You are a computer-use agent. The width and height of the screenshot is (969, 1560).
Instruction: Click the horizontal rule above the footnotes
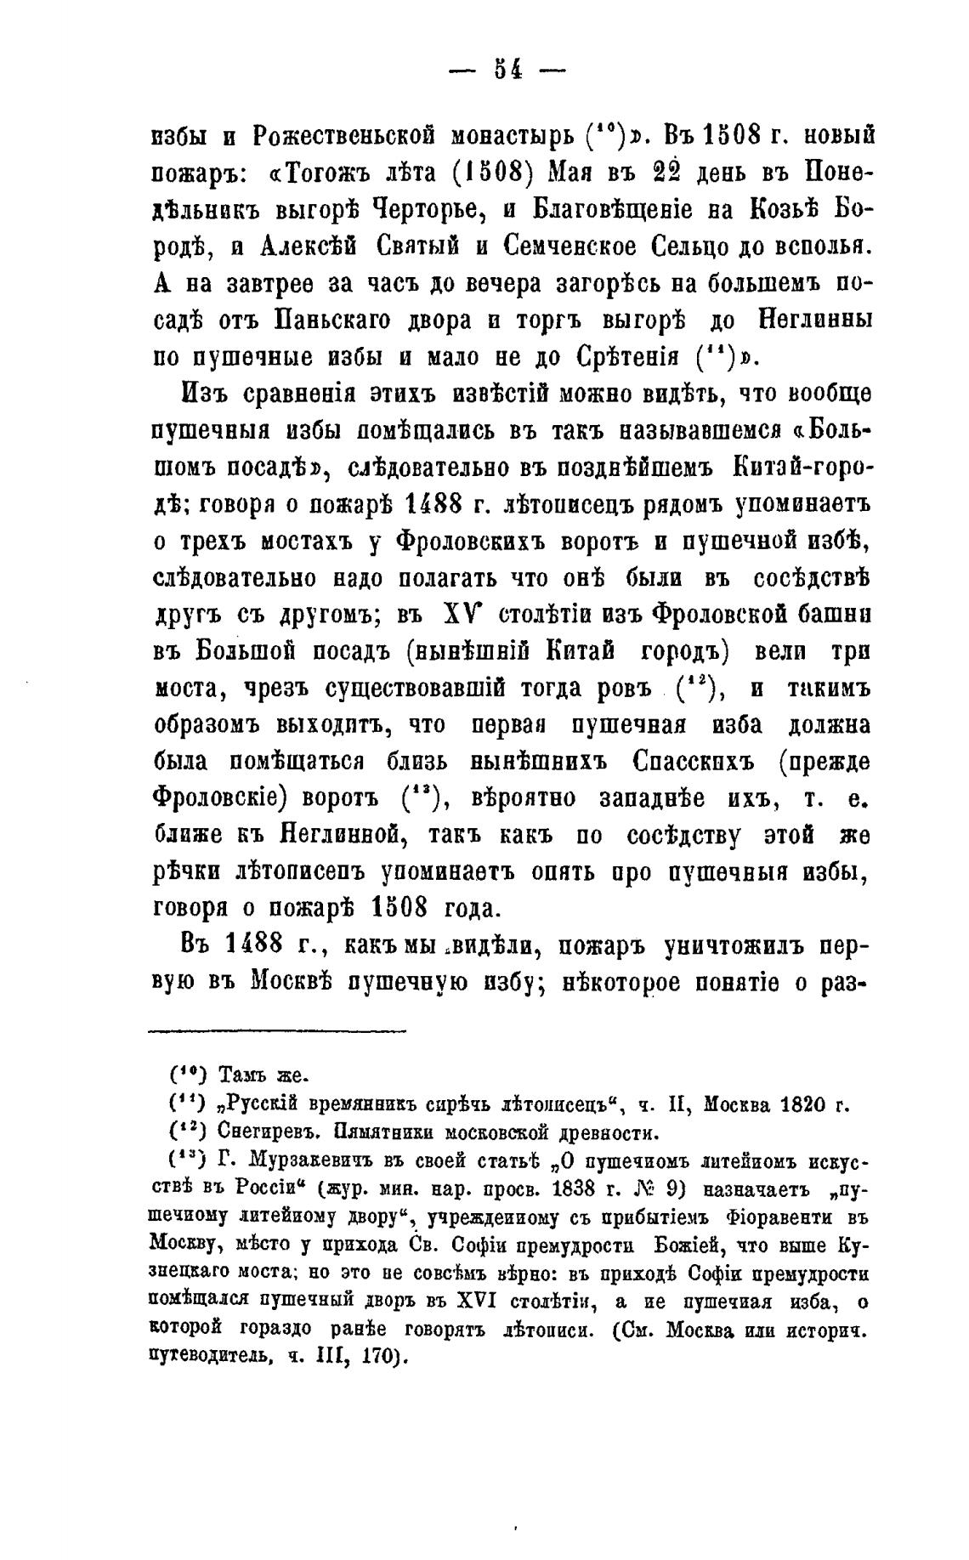pos(278,1031)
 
